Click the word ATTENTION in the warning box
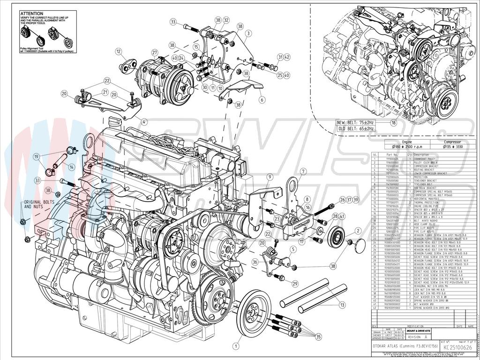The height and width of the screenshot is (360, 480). coord(31,14)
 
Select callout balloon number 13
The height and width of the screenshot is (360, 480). coord(342,305)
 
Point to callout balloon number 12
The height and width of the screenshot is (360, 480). coord(119,52)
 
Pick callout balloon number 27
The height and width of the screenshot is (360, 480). coord(154,52)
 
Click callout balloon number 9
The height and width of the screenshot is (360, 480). coord(270,177)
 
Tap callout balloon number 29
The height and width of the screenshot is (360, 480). coord(295,284)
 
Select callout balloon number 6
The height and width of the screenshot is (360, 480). coord(262,99)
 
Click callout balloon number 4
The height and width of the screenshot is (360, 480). coord(144,122)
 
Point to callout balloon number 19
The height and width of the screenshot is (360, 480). coord(36,156)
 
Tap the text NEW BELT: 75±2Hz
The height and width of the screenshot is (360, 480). coord(355,122)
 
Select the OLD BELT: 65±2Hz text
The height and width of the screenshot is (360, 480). coord(355,128)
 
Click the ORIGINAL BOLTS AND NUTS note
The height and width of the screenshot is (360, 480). coord(38,204)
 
